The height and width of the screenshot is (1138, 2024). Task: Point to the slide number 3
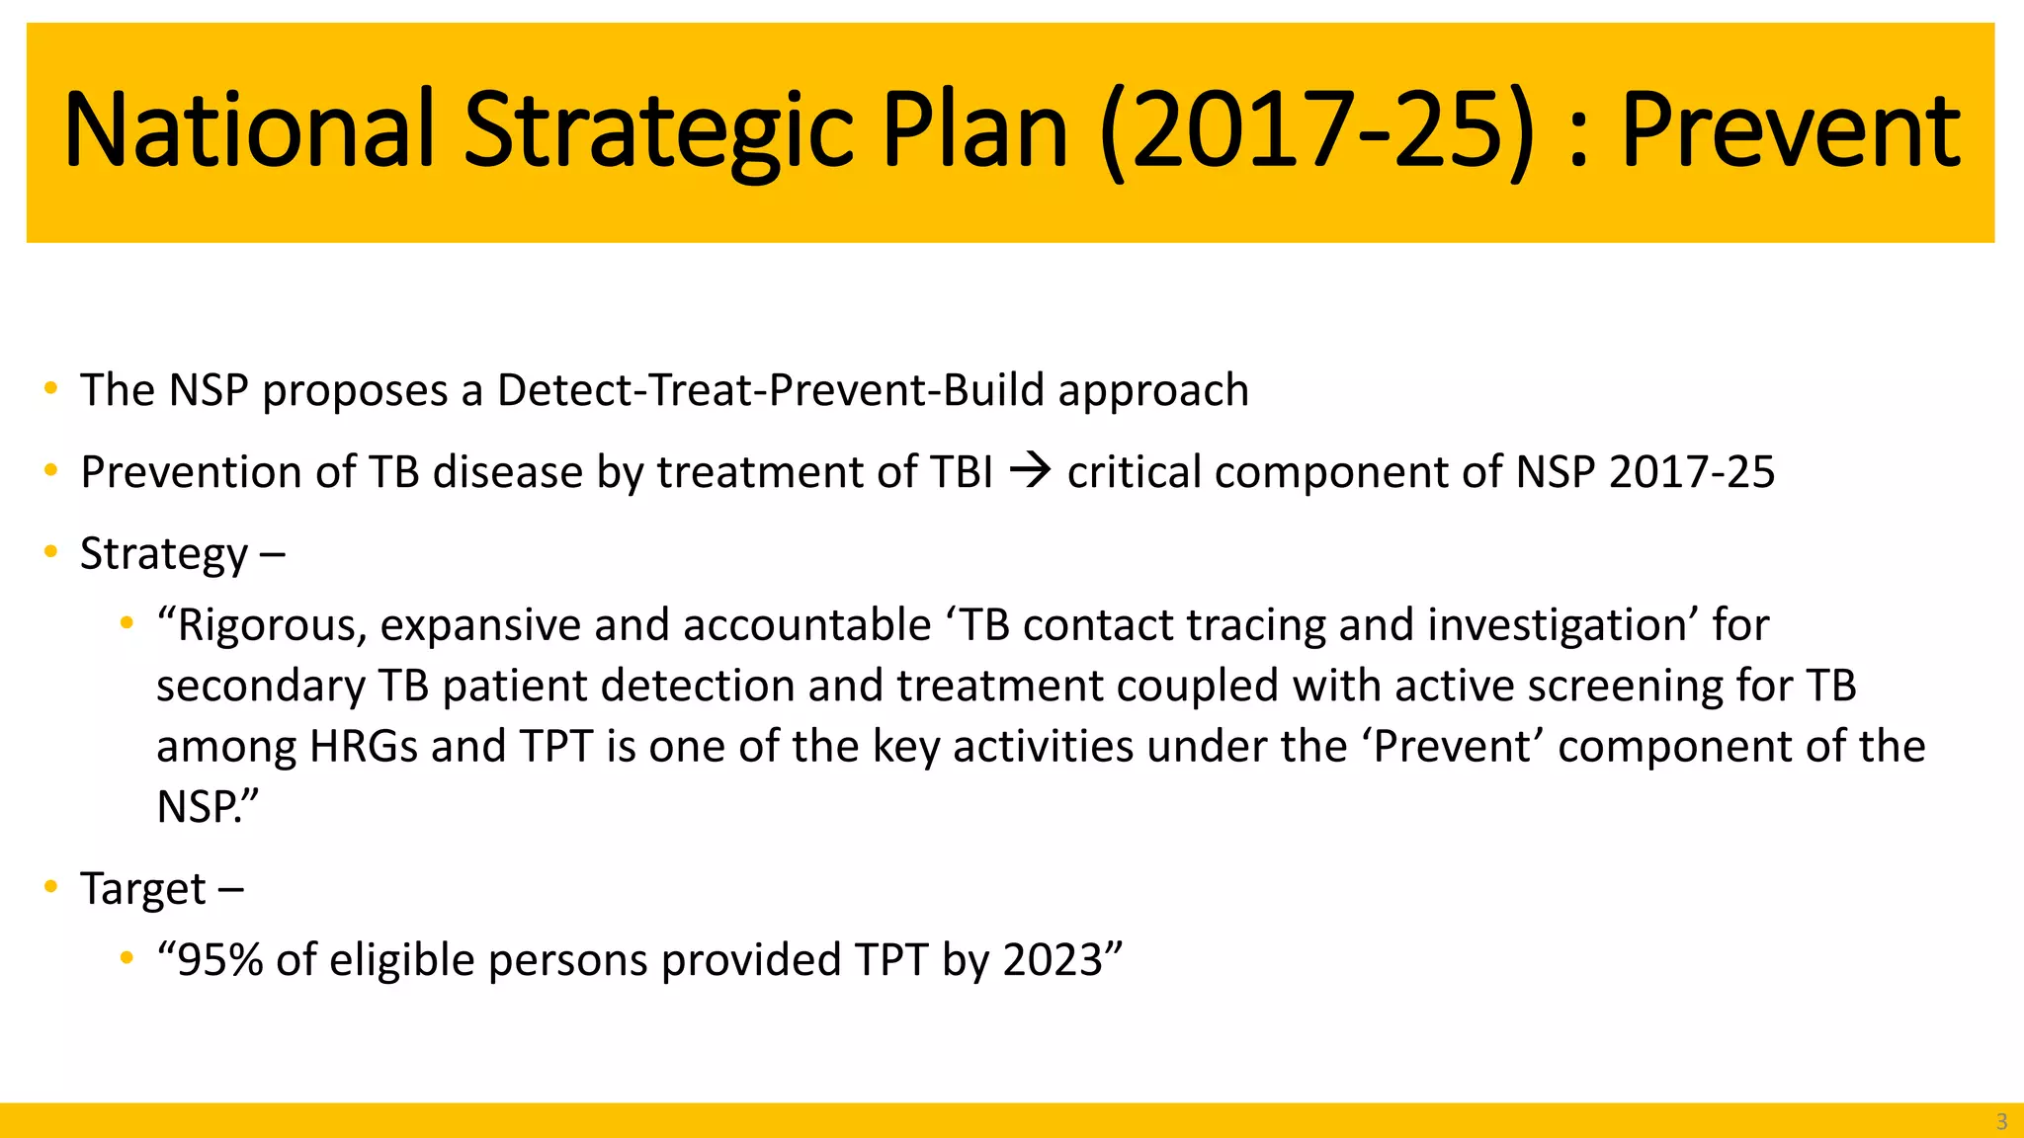(x=2001, y=1121)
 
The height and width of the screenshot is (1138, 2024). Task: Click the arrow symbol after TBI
(x=1030, y=470)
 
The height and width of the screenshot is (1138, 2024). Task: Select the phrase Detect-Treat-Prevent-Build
(x=770, y=389)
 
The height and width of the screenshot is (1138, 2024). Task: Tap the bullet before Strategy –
(x=50, y=551)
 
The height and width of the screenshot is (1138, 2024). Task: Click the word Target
(x=143, y=888)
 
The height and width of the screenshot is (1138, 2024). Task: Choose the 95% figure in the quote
(x=219, y=959)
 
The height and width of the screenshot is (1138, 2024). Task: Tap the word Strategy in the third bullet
(x=163, y=553)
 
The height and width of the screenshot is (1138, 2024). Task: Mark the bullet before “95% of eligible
(x=126, y=957)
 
